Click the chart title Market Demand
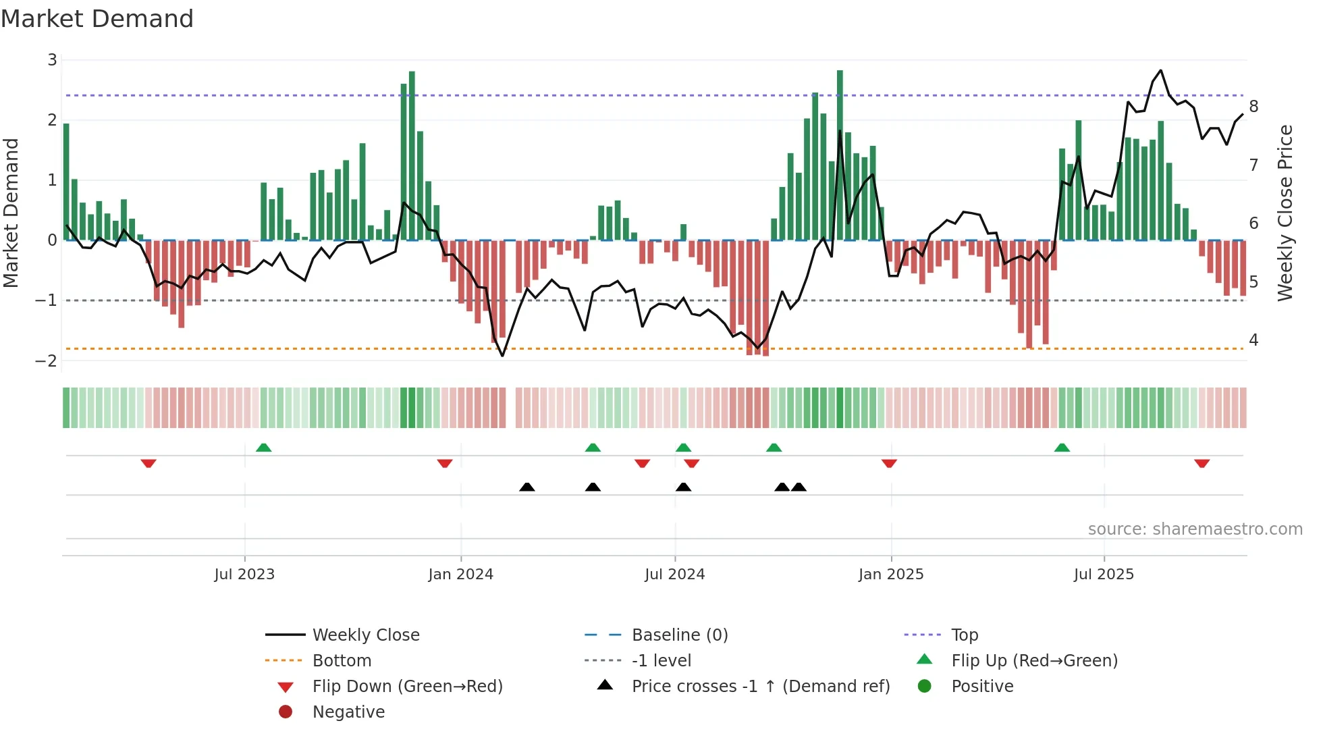(x=97, y=19)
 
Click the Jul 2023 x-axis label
(x=244, y=575)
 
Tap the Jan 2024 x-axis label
(x=461, y=575)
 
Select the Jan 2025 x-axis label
(x=891, y=575)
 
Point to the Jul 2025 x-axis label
(x=1104, y=575)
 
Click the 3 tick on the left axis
(x=52, y=60)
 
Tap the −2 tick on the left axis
(x=47, y=361)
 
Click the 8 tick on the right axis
(x=1253, y=107)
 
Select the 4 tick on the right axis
(x=1253, y=340)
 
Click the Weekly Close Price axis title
(x=1285, y=213)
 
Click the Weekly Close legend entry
(x=366, y=635)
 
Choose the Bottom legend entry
(x=342, y=661)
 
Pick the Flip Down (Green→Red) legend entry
(x=407, y=687)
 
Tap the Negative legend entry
(x=348, y=712)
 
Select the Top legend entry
(x=965, y=635)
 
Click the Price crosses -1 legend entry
(x=760, y=687)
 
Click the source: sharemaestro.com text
(x=1195, y=529)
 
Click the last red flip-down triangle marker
(x=1201, y=463)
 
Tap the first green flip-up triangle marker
(x=264, y=448)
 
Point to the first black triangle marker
(x=527, y=487)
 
